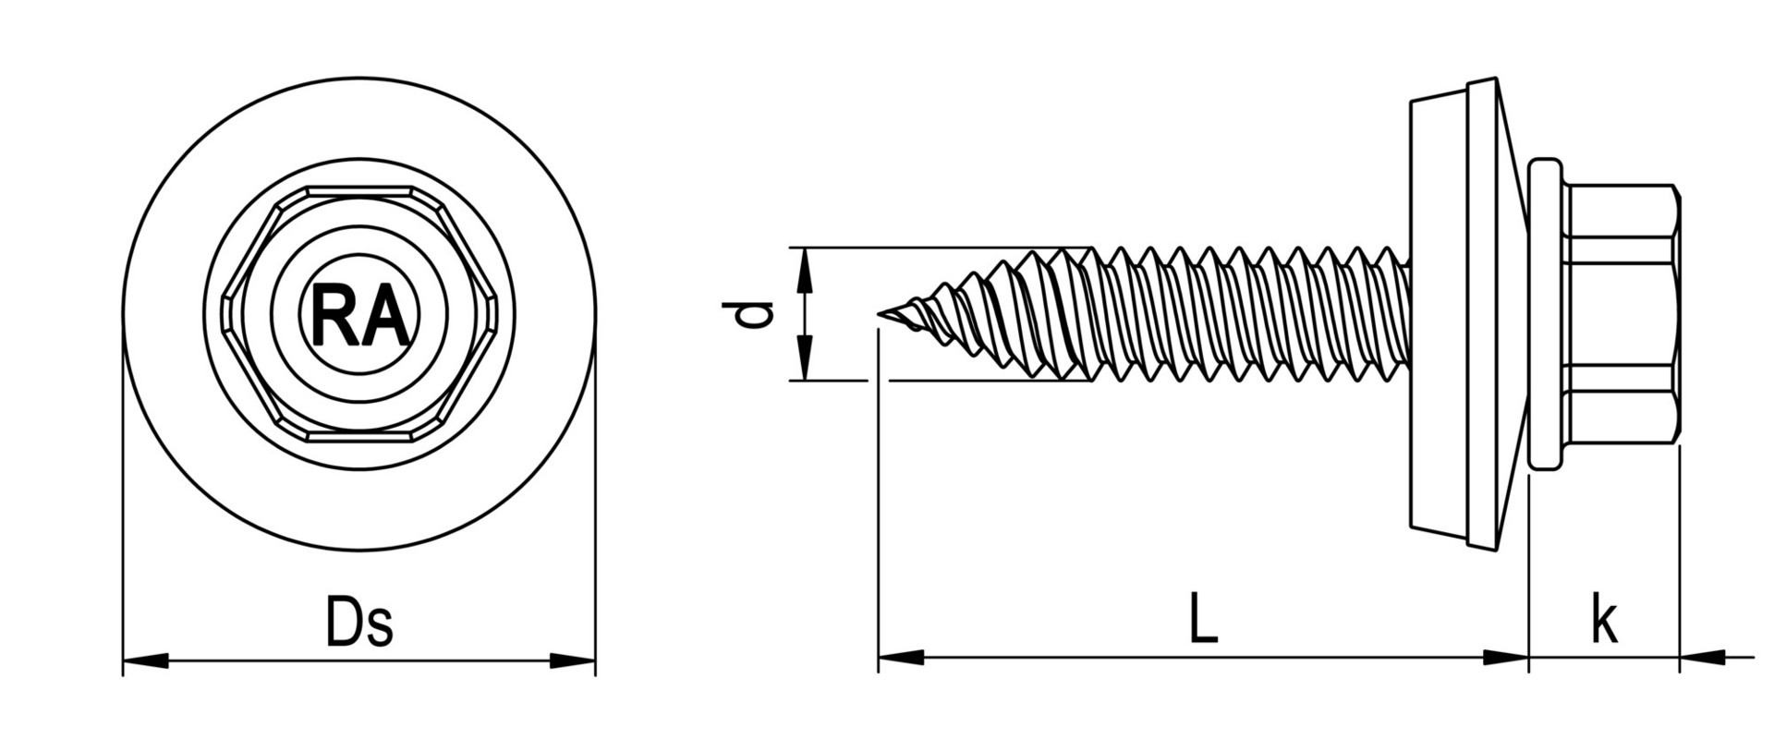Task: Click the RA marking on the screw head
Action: point(359,314)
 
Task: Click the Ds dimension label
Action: point(359,621)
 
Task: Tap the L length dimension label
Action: point(1202,619)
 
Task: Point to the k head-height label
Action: point(1604,621)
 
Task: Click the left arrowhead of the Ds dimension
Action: point(143,660)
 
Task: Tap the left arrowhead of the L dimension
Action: point(899,658)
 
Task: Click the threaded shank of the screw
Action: point(1247,314)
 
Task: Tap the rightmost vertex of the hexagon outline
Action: point(497,314)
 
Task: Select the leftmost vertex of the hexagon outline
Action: point(224,314)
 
